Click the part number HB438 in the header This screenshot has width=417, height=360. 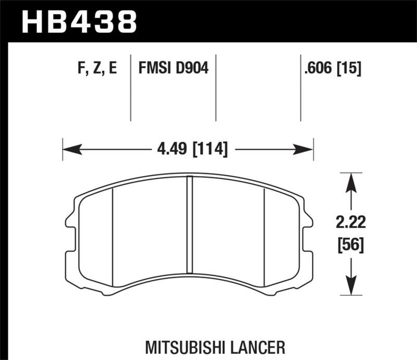click(79, 22)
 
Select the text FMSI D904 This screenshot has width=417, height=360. click(173, 69)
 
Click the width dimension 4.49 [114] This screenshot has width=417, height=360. click(192, 150)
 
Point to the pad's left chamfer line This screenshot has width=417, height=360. click(113, 234)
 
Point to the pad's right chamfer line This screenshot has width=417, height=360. click(265, 234)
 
